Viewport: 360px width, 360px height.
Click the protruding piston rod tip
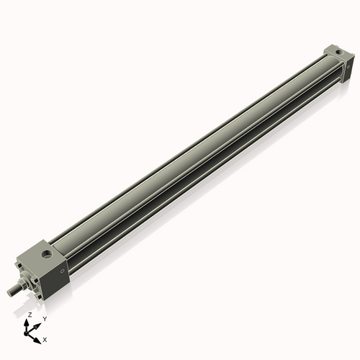tap(10, 292)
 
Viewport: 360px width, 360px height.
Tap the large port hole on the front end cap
tap(48, 254)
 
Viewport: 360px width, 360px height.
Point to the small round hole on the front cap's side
tap(62, 271)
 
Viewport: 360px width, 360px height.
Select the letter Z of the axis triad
tap(30, 315)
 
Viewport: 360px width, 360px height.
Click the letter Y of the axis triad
tap(45, 318)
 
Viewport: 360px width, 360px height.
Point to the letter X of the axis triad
tap(45, 338)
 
